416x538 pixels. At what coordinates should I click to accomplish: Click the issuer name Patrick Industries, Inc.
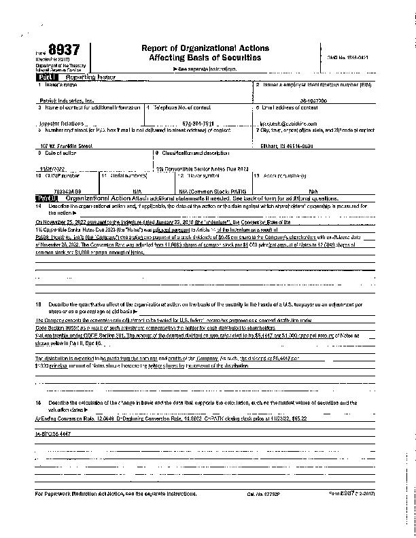pyautogui.click(x=67, y=99)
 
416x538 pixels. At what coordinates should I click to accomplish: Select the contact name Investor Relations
pyautogui.click(x=61, y=123)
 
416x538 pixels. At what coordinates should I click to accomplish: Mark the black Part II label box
pyautogui.click(x=45, y=198)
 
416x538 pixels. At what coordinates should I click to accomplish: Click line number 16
pyautogui.click(x=39, y=403)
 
